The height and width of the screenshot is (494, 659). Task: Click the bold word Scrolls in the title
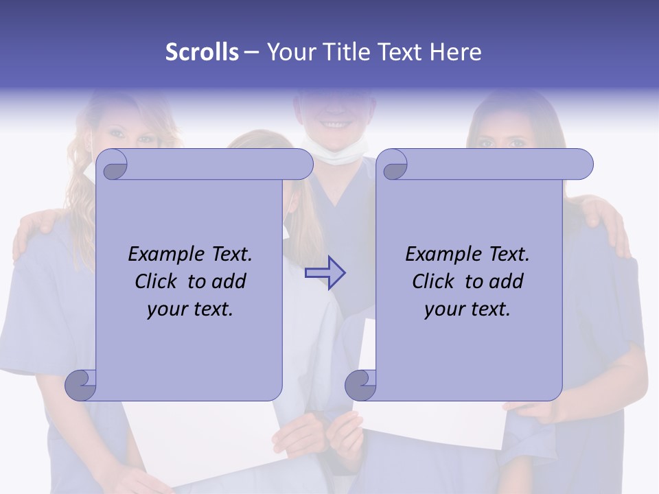tap(203, 52)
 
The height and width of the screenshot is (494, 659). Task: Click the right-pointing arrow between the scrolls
tap(325, 273)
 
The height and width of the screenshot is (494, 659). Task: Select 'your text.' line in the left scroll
tap(190, 309)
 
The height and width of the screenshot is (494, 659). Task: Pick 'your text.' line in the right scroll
tap(467, 309)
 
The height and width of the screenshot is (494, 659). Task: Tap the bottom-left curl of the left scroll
tap(81, 384)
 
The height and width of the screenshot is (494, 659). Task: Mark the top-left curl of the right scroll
tap(393, 165)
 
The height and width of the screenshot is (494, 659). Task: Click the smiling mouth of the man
tap(334, 126)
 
